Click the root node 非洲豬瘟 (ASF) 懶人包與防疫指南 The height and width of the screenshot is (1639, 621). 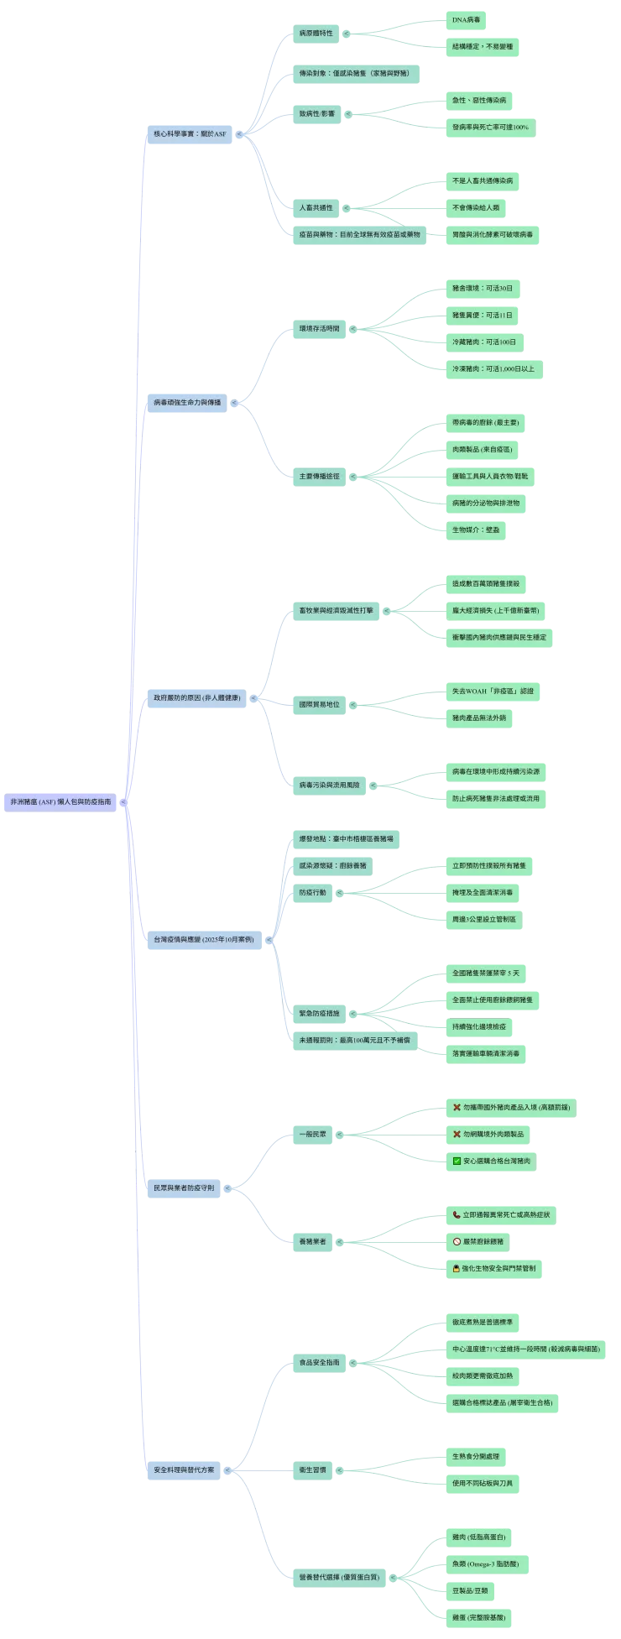point(60,801)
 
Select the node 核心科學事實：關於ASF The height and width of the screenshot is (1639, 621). point(190,133)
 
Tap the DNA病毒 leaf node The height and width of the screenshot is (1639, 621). point(466,19)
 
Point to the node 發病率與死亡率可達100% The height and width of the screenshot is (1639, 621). point(490,127)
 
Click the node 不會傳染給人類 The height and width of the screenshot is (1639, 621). point(476,207)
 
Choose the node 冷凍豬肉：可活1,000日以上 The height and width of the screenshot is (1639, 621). point(493,368)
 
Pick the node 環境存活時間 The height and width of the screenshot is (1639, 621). point(320,328)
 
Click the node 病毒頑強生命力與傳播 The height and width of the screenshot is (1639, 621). point(187,402)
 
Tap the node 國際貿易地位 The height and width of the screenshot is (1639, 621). point(320,704)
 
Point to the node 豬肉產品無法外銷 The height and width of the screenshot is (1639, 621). point(479,718)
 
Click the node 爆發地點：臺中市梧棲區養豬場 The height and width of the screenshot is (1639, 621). point(346,838)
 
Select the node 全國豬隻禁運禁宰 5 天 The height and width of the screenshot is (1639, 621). point(486,973)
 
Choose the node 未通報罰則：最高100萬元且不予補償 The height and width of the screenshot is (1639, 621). point(355,1040)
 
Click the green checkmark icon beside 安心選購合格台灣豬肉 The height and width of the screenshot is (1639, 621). point(457,1161)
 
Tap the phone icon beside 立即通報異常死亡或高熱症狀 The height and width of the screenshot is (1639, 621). point(457,1214)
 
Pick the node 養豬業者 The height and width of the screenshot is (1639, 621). point(313,1241)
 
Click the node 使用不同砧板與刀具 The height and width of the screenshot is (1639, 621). point(483,1483)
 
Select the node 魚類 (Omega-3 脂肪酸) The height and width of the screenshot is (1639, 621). point(486,1563)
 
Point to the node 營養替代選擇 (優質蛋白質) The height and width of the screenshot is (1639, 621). point(339,1577)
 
